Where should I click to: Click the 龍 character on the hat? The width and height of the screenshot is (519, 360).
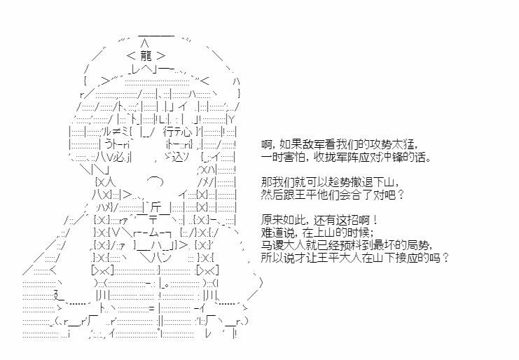[146, 55]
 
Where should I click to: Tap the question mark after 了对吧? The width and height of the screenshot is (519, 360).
[401, 195]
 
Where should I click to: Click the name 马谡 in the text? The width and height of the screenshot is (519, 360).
[272, 245]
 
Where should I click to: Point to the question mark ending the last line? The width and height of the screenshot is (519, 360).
[446, 258]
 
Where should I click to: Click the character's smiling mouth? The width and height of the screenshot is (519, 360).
[155, 180]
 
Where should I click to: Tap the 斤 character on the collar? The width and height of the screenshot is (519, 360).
[156, 207]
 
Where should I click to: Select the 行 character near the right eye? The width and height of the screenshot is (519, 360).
[168, 132]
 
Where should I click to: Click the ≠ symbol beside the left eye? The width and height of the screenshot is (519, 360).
[117, 132]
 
